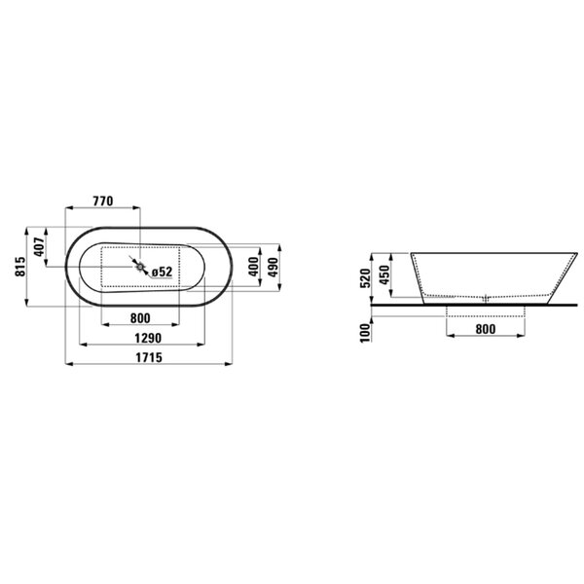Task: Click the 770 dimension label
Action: click(x=102, y=201)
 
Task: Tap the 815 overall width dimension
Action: click(x=20, y=267)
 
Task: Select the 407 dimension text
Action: click(x=39, y=247)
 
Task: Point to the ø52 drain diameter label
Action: click(x=162, y=272)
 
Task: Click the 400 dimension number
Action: click(x=254, y=267)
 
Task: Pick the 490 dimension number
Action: click(x=274, y=267)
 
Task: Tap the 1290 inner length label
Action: click(x=148, y=338)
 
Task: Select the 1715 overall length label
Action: click(x=149, y=357)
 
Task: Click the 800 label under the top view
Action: click(x=140, y=318)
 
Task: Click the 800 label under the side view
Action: click(x=486, y=329)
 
